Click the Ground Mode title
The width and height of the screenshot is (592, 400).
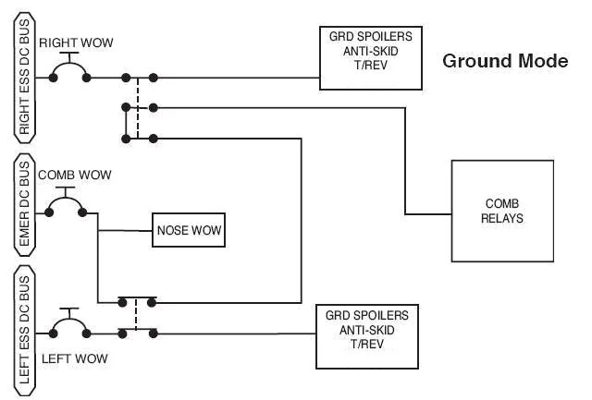click(505, 61)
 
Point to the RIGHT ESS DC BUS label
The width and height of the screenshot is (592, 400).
click(25, 78)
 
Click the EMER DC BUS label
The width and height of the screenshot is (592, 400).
click(25, 205)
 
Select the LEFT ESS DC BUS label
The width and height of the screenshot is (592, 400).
click(25, 331)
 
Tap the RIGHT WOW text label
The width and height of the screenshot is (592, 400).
click(76, 42)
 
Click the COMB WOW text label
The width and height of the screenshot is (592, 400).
click(75, 175)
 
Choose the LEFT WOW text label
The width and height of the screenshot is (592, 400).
click(75, 358)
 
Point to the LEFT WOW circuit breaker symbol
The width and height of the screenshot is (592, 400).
click(70, 320)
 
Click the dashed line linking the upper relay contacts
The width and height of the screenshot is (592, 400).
click(138, 108)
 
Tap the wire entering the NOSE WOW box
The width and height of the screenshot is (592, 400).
click(125, 231)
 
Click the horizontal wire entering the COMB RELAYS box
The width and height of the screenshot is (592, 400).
click(428, 214)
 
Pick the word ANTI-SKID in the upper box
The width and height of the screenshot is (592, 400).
click(371, 51)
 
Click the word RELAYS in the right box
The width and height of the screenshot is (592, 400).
click(502, 218)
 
